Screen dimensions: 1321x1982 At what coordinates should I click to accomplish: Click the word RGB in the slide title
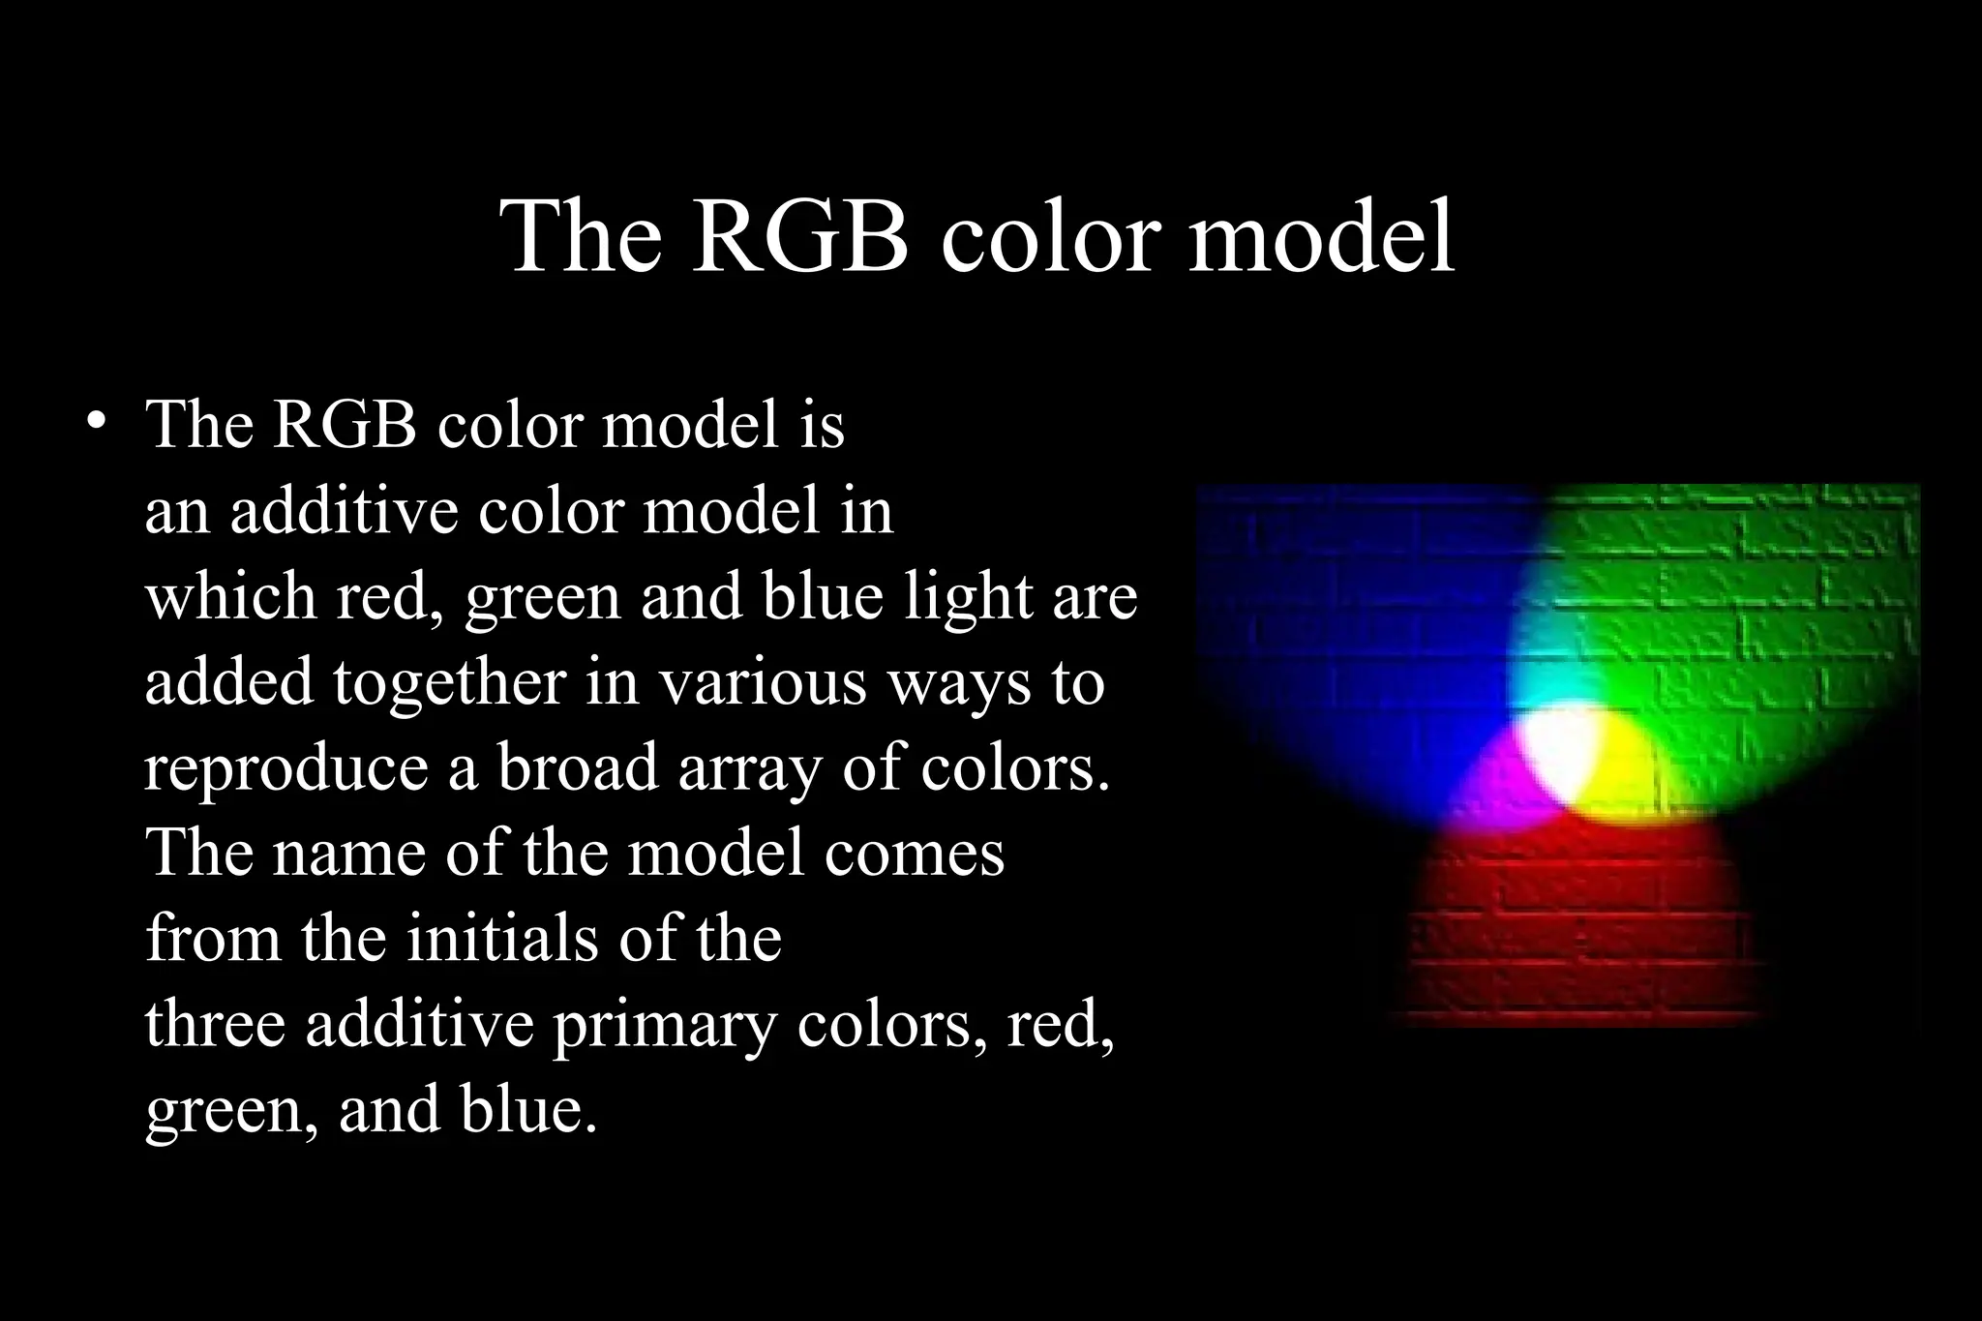point(801,237)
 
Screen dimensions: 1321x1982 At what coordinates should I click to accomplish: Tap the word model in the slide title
point(1321,237)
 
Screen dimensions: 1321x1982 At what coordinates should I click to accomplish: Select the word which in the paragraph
point(229,596)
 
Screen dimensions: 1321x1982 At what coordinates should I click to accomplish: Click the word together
point(449,681)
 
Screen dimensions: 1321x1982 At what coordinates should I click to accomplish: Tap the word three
point(215,1023)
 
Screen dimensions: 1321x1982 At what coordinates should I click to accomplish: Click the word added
point(229,681)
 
